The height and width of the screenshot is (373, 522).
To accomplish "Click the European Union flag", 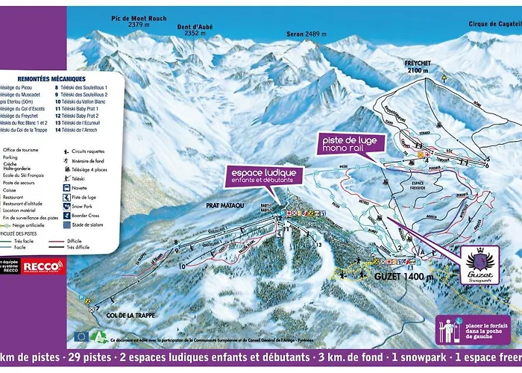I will (x=81, y=336).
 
